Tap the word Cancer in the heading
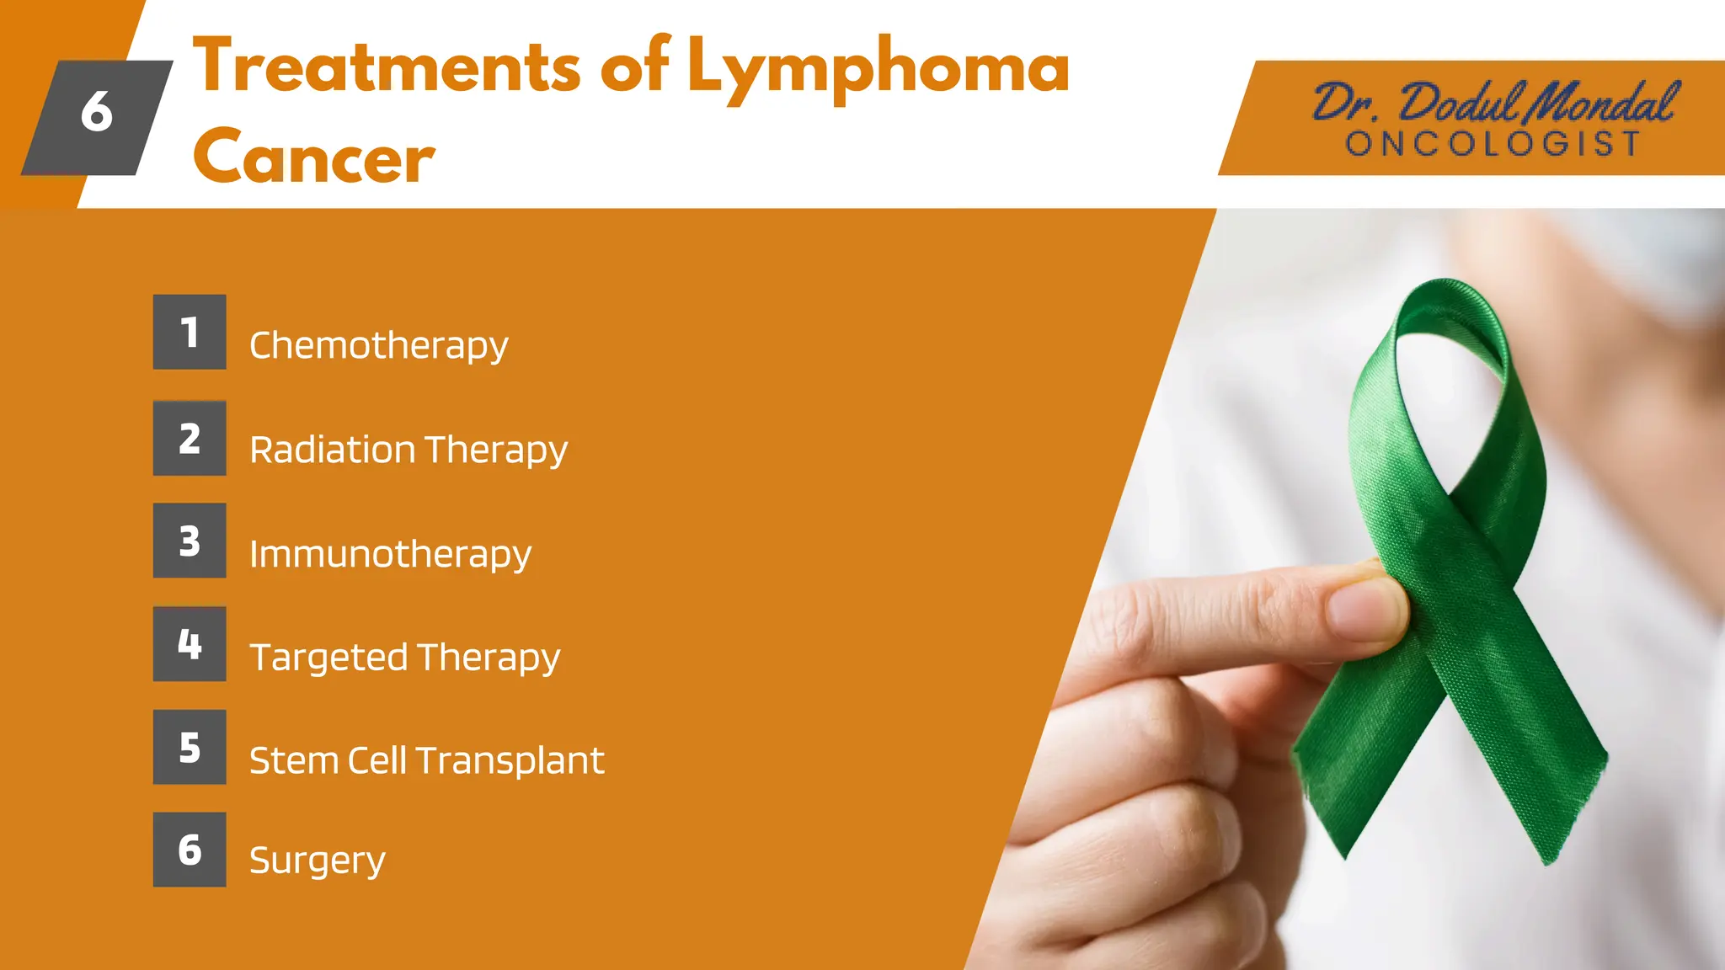(x=313, y=157)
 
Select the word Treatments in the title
(x=387, y=67)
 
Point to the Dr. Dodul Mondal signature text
(x=1495, y=104)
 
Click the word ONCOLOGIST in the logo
(x=1493, y=144)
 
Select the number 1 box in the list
(x=190, y=332)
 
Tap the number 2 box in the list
(x=190, y=438)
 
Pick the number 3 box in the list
(x=190, y=541)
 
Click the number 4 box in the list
(x=190, y=644)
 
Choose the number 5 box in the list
(x=190, y=747)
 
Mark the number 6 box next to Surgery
(x=190, y=850)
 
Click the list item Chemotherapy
(x=378, y=345)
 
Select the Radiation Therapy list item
(x=409, y=450)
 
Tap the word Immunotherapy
(x=390, y=554)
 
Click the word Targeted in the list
(x=328, y=658)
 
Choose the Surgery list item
(x=317, y=861)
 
